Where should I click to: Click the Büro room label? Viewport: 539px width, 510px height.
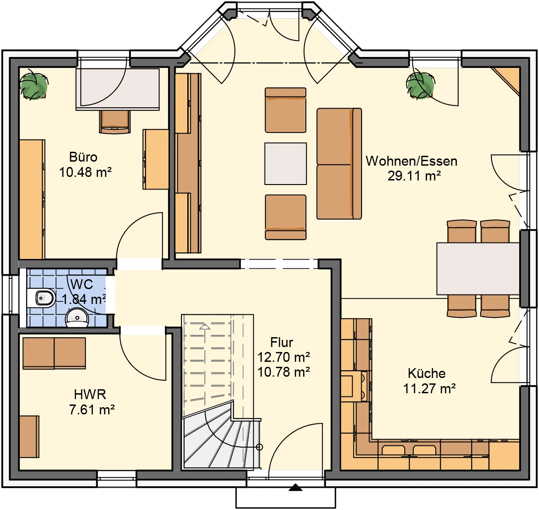(83, 157)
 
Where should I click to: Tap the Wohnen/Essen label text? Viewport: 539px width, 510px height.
(411, 162)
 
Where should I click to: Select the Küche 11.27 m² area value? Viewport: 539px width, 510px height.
(429, 389)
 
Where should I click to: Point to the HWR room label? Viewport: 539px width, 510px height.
(90, 394)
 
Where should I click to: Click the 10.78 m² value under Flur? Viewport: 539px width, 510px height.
(283, 372)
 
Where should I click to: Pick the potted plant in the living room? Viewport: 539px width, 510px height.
(420, 85)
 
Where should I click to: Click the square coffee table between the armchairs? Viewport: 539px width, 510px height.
(285, 163)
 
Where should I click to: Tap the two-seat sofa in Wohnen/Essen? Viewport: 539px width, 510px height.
(339, 163)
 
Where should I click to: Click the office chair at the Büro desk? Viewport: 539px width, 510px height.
(115, 122)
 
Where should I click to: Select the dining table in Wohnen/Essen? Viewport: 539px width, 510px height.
(478, 268)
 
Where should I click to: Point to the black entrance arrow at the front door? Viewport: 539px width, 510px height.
(295, 487)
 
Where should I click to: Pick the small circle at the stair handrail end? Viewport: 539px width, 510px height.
(259, 447)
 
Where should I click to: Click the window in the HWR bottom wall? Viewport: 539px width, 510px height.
(117, 478)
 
